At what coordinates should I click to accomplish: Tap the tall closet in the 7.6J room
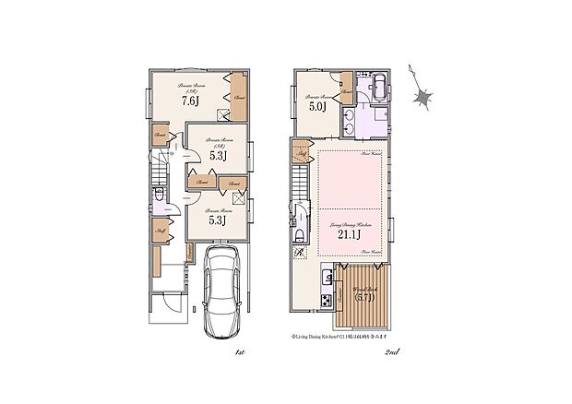(238, 98)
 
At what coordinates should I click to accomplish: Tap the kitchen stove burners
(327, 301)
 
